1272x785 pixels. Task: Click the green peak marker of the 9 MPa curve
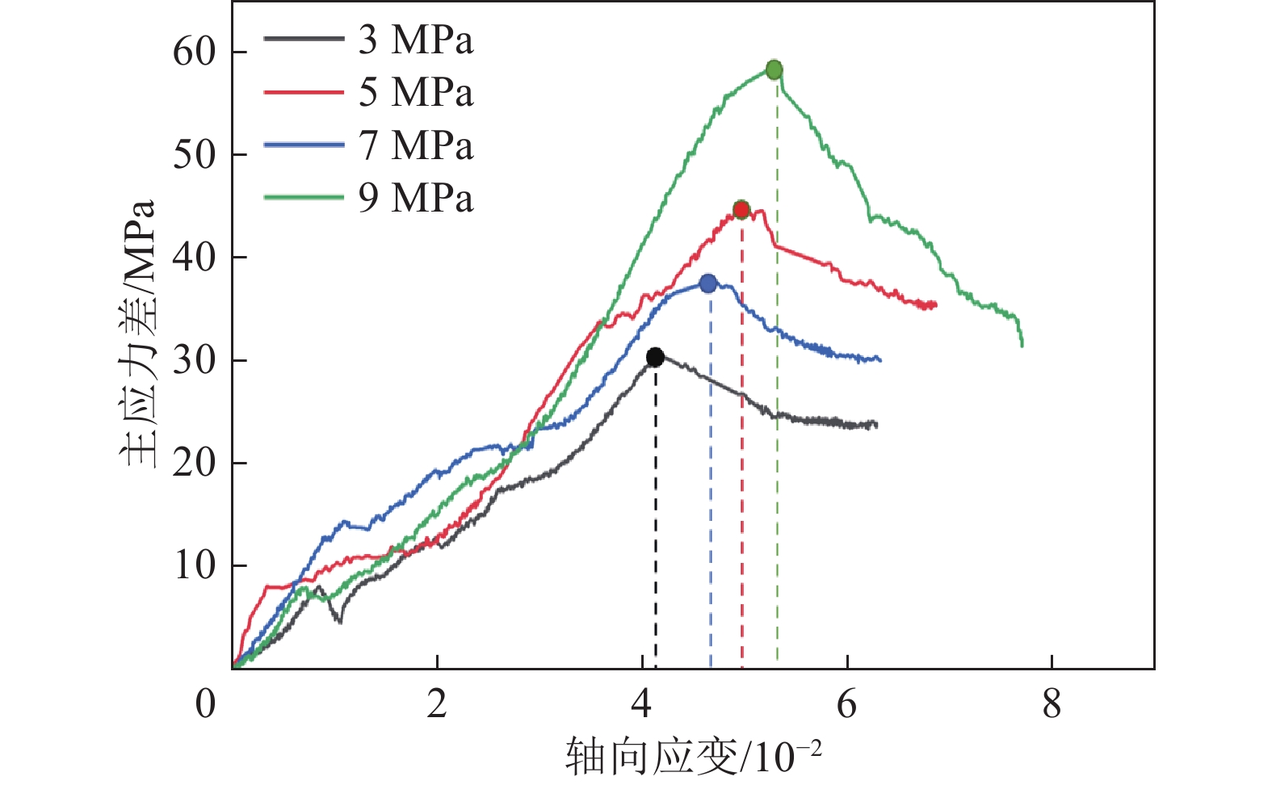tap(774, 69)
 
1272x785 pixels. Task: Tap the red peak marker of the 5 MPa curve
tap(741, 210)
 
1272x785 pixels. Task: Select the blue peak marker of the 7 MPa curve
tap(708, 283)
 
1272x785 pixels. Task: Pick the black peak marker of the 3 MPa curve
tap(655, 357)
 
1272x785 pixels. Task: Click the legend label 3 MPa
tap(416, 40)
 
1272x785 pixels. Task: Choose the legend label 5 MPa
tap(416, 92)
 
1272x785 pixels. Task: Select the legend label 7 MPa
tap(416, 145)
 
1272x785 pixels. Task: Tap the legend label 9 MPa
tap(416, 198)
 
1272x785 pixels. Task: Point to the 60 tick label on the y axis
tap(195, 52)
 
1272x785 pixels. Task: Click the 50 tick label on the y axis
tap(195, 154)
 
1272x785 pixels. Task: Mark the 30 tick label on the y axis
tap(195, 360)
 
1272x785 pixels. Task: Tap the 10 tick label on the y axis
tap(195, 565)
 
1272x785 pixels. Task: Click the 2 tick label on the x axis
tap(437, 704)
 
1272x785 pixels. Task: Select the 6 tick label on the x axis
tap(846, 704)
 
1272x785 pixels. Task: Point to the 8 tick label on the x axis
tap(1052, 704)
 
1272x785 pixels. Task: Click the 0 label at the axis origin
tap(206, 704)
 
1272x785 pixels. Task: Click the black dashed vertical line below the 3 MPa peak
tap(655, 517)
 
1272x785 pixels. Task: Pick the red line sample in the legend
tap(303, 92)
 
